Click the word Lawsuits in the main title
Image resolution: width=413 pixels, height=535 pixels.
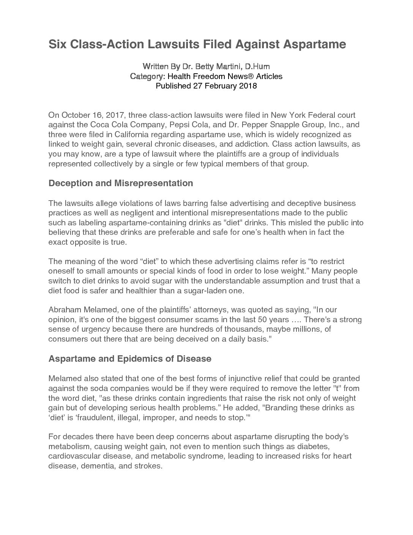(x=173, y=44)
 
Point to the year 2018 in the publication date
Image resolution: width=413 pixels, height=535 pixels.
(x=248, y=86)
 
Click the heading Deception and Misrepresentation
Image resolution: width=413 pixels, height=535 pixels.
(x=121, y=183)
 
